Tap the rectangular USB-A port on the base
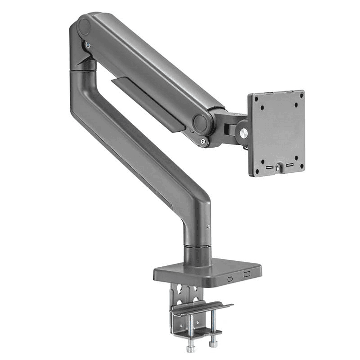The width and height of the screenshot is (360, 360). [246, 275]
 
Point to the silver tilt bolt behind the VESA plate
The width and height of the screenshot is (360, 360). [243, 134]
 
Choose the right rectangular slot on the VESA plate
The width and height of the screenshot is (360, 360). [289, 164]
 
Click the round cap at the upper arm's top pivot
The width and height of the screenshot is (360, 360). [84, 26]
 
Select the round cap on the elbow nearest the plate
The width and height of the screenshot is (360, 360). [202, 123]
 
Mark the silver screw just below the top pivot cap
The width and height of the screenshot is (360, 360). [89, 45]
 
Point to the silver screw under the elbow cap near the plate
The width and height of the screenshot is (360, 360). [202, 142]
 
